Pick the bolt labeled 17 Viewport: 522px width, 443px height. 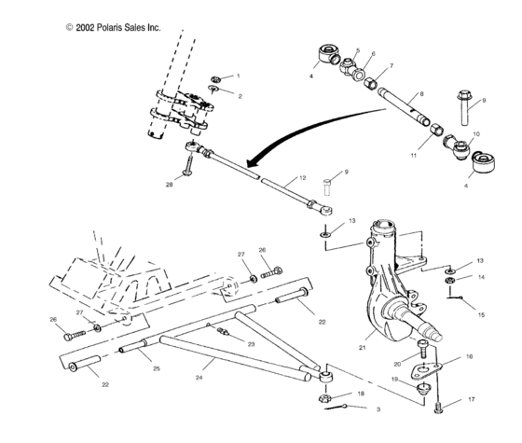tap(440, 404)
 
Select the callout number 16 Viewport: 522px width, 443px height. tap(469, 356)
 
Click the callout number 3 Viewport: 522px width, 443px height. tap(378, 409)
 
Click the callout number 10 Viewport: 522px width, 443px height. tap(477, 133)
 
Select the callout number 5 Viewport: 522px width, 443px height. tap(358, 51)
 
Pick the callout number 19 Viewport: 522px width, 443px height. tap(394, 379)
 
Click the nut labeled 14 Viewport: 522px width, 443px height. tap(449, 279)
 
